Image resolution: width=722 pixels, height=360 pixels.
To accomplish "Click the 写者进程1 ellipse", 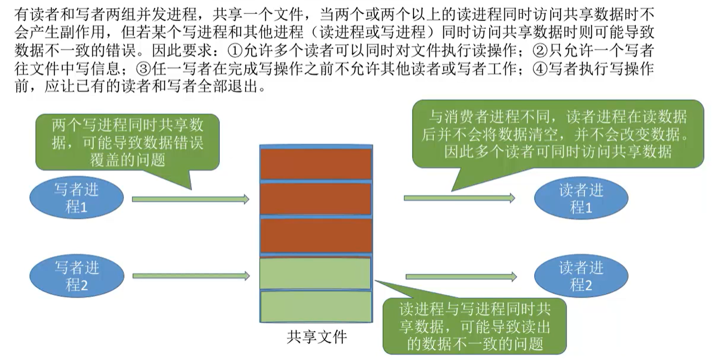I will pyautogui.click(x=76, y=198).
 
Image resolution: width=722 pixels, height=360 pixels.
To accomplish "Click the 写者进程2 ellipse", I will pyautogui.click(x=76, y=276).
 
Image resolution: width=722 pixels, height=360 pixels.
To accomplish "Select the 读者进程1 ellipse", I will pyautogui.click(x=580, y=198).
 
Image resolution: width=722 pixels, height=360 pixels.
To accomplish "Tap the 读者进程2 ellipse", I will pyautogui.click(x=580, y=276).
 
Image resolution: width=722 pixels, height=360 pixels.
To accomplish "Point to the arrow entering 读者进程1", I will pyautogui.click(x=459, y=198).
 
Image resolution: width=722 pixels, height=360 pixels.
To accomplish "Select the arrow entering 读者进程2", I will pyautogui.click(x=460, y=276).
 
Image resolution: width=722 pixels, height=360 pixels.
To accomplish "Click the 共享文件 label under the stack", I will pyautogui.click(x=316, y=338).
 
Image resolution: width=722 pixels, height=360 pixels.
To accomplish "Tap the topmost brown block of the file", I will pyautogui.click(x=316, y=164).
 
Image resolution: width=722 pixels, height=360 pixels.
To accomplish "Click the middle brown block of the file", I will pyautogui.click(x=316, y=199).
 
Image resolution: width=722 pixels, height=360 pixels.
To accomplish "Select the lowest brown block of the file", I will pyautogui.click(x=316, y=235).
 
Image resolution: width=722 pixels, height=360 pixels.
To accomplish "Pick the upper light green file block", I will pyautogui.click(x=316, y=272).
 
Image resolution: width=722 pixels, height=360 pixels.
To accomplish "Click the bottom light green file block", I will pyautogui.click(x=316, y=306).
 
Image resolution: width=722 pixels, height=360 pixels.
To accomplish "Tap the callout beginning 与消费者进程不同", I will pyautogui.click(x=558, y=134).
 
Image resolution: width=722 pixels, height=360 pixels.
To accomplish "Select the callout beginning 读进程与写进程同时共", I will pyautogui.click(x=474, y=327).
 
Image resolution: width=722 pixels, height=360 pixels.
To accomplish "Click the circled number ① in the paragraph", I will pyautogui.click(x=233, y=51).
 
